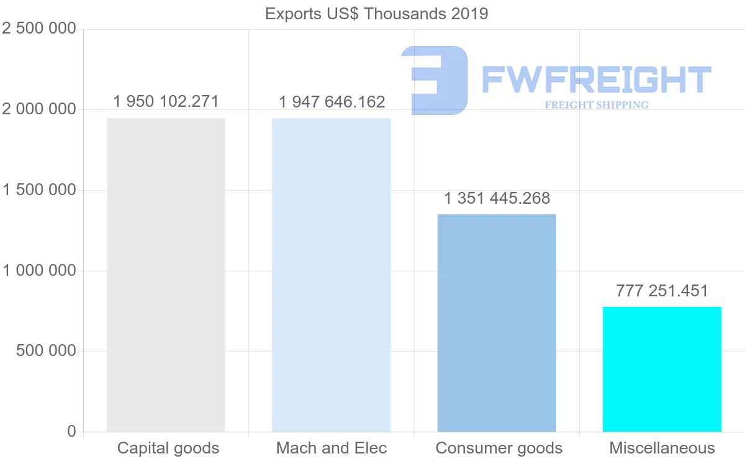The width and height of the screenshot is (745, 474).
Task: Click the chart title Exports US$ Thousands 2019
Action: coord(376,14)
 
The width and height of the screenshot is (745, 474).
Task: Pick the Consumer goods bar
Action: coord(497,323)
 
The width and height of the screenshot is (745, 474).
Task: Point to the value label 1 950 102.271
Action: coord(166,101)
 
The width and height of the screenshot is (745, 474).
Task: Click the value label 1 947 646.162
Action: coord(332,102)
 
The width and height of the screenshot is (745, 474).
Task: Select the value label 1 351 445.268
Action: coord(497,198)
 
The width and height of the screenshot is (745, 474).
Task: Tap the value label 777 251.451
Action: coord(662,291)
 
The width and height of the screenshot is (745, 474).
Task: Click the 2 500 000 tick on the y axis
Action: coord(39,29)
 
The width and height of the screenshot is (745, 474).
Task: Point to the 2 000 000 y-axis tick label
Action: coord(39,110)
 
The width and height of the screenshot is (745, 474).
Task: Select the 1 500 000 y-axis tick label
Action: coord(39,190)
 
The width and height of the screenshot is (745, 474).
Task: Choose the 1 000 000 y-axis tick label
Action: coord(39,271)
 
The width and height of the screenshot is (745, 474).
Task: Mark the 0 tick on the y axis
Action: coord(71,431)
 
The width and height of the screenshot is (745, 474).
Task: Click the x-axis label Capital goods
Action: coord(168,448)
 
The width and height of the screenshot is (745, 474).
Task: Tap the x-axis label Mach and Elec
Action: coord(332,448)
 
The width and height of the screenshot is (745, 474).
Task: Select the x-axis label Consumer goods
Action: coord(499,448)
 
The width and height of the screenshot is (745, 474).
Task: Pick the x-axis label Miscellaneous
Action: coord(662,448)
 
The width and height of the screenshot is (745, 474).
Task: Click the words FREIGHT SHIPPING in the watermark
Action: coord(597,105)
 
